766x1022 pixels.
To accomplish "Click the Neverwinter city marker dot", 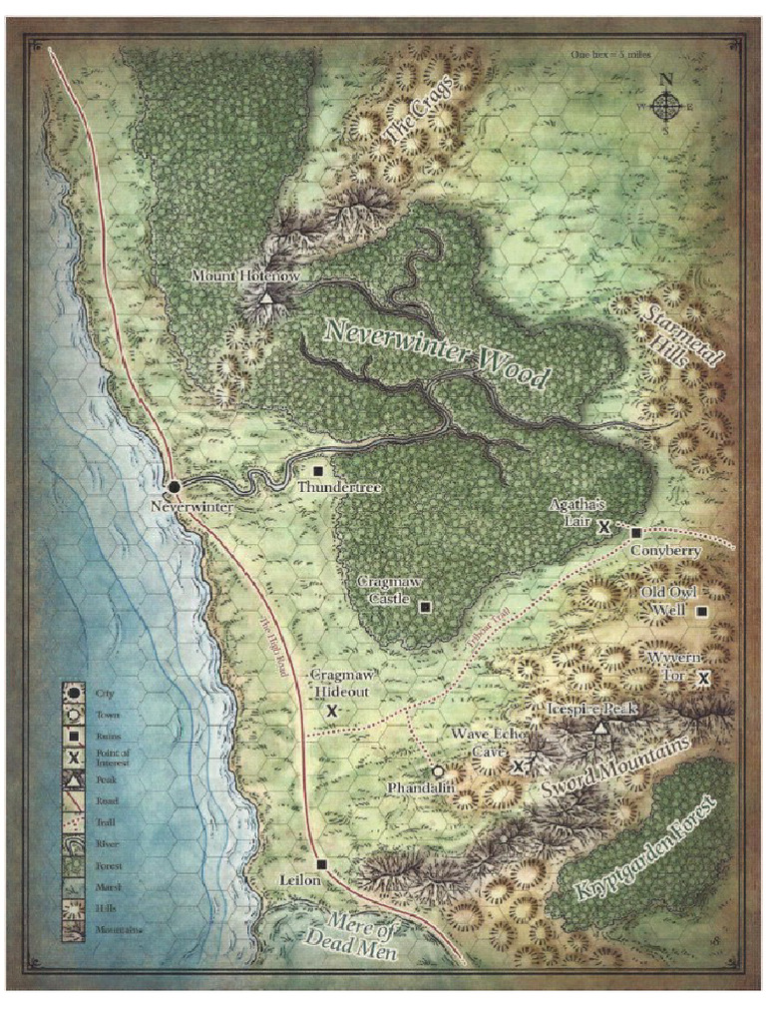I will click(174, 486).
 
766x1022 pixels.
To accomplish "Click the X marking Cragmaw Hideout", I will click(332, 710).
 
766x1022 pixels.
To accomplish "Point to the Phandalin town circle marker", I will click(438, 770).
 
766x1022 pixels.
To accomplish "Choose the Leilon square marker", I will click(320, 864).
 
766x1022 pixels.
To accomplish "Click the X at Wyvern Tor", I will click(703, 679).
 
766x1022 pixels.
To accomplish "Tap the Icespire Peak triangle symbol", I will click(599, 730).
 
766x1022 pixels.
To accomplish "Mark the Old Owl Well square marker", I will click(702, 612).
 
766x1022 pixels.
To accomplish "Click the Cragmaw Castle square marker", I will click(425, 606).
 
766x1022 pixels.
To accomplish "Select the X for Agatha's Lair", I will click(603, 528).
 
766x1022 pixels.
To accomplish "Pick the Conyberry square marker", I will click(636, 533).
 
